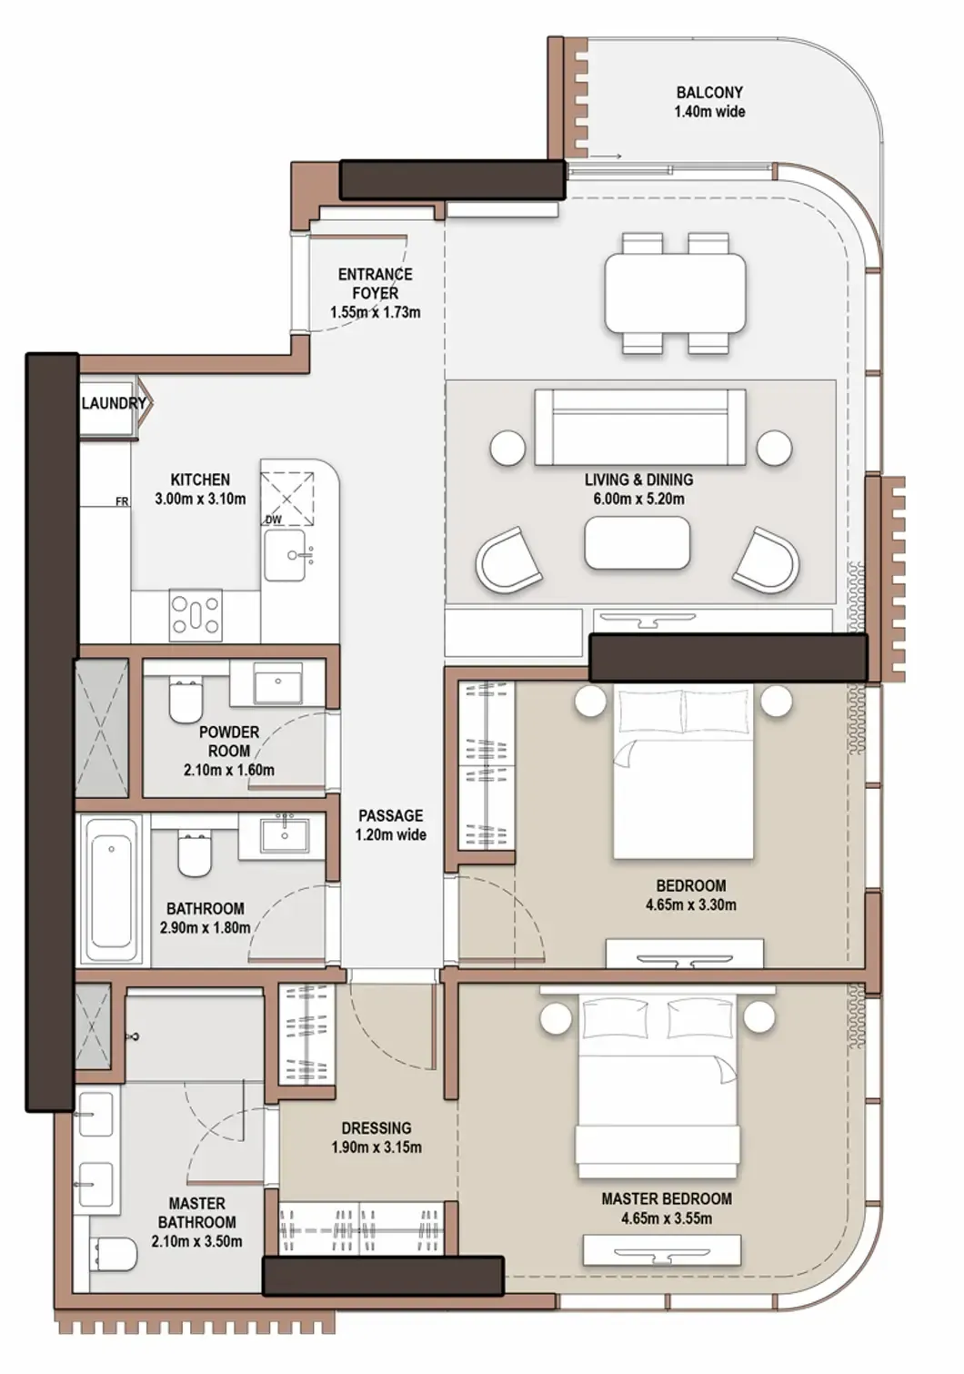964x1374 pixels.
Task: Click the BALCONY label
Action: coord(709,93)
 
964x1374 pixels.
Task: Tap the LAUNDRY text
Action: coord(114,403)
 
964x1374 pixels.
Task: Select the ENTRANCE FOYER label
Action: coord(376,283)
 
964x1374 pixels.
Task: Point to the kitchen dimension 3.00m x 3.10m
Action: coord(200,499)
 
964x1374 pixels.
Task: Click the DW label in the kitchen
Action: coord(274,520)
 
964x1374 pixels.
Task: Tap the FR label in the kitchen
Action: coord(122,501)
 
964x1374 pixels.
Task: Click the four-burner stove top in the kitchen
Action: coord(196,614)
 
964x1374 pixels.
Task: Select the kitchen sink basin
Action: coord(285,556)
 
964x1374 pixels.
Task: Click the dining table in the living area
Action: coord(676,293)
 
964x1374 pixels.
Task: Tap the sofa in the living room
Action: coord(640,427)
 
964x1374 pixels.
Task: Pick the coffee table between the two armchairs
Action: coord(638,543)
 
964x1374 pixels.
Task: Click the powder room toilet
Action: coord(185,701)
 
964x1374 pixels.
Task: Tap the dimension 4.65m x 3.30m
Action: coord(690,904)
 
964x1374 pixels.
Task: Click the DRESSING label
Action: coord(377,1128)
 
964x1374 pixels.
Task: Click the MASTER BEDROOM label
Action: coord(667,1198)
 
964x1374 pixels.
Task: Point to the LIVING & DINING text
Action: coord(639,479)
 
